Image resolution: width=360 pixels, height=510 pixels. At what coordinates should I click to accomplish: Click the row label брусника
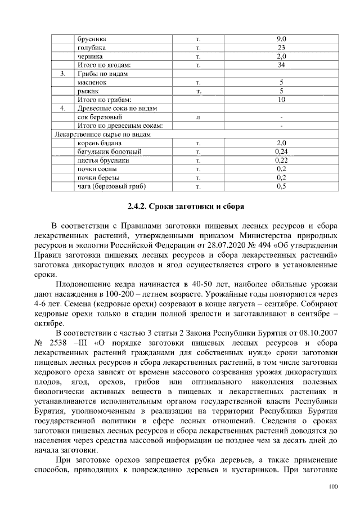[92, 39]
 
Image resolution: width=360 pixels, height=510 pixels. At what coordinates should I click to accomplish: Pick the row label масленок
[91, 83]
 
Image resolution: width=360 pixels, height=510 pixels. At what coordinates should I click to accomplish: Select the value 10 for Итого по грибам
[282, 100]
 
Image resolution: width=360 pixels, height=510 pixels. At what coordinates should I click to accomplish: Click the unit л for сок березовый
[198, 117]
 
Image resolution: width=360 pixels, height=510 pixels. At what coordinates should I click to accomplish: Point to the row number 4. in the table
[63, 108]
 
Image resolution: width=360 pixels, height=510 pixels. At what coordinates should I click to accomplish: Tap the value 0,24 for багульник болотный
[282, 151]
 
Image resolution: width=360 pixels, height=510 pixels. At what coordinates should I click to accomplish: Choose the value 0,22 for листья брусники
[282, 160]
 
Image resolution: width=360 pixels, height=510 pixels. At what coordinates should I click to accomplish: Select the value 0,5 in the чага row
[282, 186]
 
